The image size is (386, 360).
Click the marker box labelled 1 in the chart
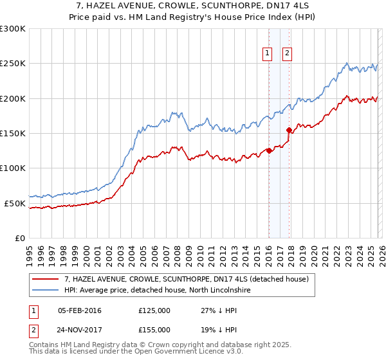[267, 54]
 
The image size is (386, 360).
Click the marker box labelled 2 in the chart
[287, 54]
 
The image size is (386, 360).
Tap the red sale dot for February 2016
[269, 151]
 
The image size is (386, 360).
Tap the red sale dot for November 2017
[289, 130]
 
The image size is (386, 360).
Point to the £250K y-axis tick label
[12, 64]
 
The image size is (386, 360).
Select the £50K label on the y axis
[14, 203]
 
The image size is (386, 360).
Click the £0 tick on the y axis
[19, 238]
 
